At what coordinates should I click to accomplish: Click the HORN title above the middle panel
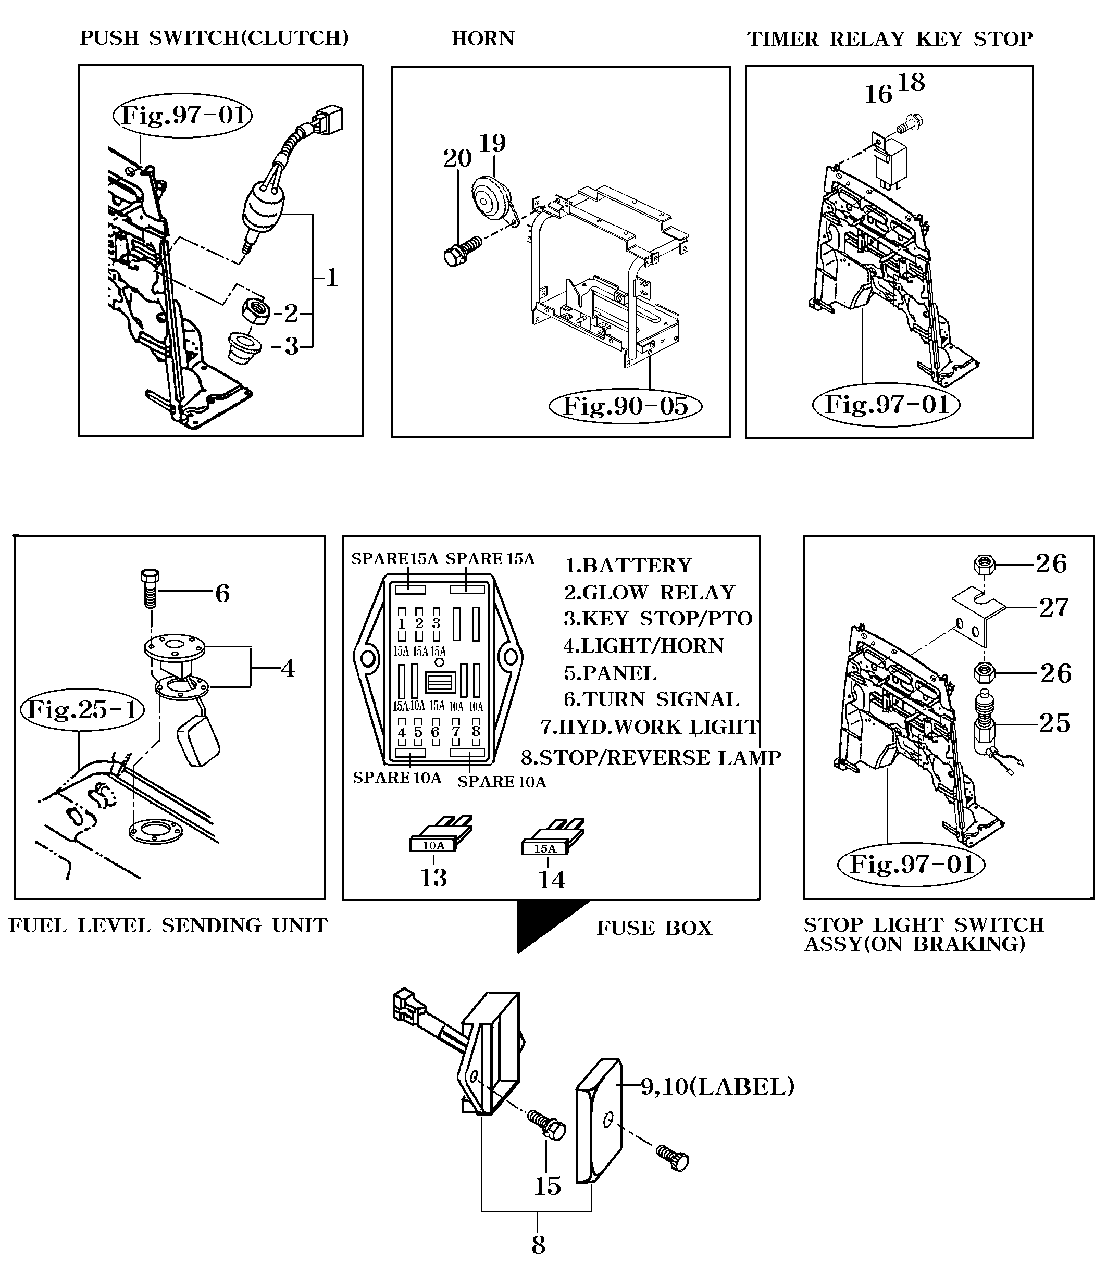pos(482,39)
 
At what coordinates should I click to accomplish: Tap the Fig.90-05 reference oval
pos(625,406)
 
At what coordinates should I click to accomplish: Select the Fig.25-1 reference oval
pos(82,709)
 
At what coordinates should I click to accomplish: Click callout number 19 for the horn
pos(492,143)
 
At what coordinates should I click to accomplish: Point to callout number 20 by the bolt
pos(457,159)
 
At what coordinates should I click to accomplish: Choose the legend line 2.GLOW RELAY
pos(649,593)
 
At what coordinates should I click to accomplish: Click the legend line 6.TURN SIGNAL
pos(651,699)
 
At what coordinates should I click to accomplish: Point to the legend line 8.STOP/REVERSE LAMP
pos(651,758)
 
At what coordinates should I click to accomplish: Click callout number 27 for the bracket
pos(1053,608)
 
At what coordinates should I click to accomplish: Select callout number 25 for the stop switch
pos(1054,723)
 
